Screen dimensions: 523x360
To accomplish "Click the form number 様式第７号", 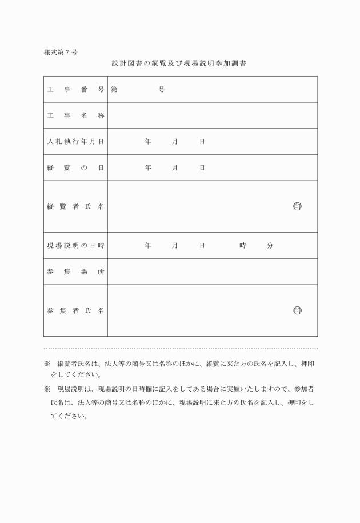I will pos(61,53).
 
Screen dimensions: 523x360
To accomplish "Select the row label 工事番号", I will pos(75,90).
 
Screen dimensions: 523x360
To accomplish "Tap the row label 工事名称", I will pos(75,115).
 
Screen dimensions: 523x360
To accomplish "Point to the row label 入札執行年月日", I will pos(75,141).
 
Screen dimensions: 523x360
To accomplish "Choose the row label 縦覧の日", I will pos(75,167).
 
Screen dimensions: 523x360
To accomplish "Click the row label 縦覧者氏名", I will pos(75,206).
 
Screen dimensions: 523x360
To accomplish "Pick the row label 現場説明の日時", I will pos(75,246).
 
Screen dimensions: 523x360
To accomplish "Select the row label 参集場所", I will pos(75,272).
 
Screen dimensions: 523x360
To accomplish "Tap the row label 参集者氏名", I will pos(75,310).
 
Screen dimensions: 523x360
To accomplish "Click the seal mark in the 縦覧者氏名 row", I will pos(297,206).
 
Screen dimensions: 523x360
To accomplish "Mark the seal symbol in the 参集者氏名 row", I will pos(297,310).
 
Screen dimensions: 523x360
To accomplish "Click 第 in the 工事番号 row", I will pos(115,90).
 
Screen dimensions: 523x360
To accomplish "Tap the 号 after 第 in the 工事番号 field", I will pos(162,90).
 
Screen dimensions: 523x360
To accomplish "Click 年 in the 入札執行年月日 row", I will pos(148,141).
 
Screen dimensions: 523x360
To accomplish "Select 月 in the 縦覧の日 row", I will pos(175,167).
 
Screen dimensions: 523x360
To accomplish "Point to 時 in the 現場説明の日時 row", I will pos(243,246).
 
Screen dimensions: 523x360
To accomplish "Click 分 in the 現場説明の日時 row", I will pos(270,246).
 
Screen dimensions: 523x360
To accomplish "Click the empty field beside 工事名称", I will pos(212,115).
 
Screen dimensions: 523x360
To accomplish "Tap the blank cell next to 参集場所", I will pos(212,272).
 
